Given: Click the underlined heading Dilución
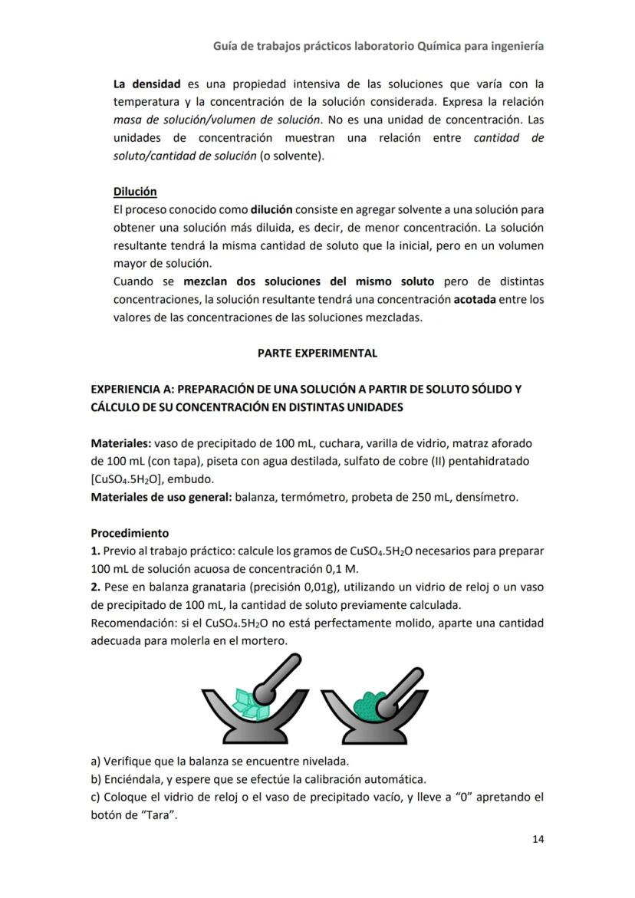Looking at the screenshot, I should [x=135, y=192].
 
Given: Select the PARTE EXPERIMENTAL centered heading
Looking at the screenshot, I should [x=317, y=354].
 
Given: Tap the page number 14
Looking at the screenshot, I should [x=538, y=839].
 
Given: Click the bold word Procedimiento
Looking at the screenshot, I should [x=130, y=533].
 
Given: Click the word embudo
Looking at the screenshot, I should [x=189, y=479].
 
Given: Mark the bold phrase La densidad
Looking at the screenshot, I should [x=146, y=84].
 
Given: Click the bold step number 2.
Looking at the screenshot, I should [x=95, y=587].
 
